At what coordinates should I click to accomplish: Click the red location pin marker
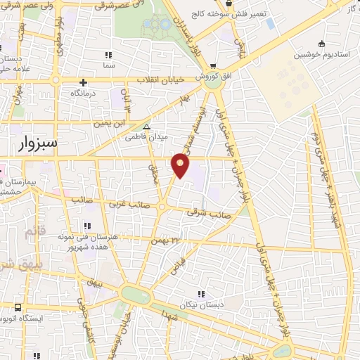pyautogui.click(x=181, y=165)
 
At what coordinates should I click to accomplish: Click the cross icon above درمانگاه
pyautogui.click(x=84, y=82)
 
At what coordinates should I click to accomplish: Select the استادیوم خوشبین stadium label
pyautogui.click(x=322, y=53)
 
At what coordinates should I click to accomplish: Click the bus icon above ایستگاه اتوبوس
pyautogui.click(x=18, y=307)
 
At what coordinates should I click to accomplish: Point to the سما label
pyautogui.click(x=108, y=64)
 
